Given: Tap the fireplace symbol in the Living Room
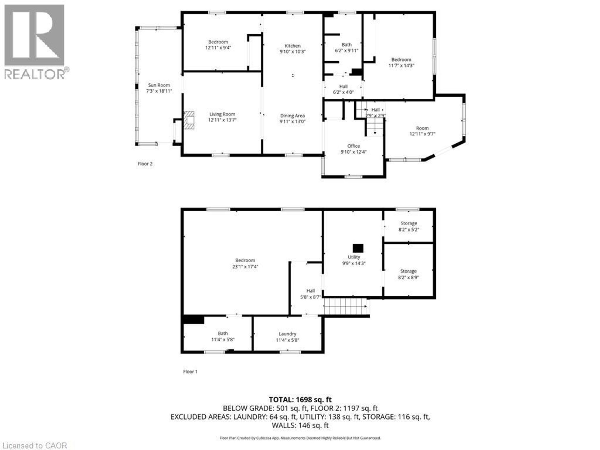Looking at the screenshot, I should tap(189, 120).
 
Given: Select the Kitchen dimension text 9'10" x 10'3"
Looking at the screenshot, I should tap(292, 52).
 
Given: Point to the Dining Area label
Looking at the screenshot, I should tap(292, 116).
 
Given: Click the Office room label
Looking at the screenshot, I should tap(353, 146).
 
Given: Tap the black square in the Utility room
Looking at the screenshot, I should tap(358, 248).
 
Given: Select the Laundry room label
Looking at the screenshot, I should tap(287, 334).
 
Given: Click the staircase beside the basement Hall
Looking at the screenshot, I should tap(345, 306).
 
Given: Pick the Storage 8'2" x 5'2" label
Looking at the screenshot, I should tap(408, 226).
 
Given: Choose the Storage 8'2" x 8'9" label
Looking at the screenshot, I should tap(408, 274).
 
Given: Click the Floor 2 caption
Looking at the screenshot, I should tap(145, 164).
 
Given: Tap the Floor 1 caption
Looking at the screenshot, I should tap(190, 372).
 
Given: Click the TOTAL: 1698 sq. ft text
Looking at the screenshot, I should tap(300, 399).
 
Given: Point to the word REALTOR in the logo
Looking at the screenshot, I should tap(34, 74).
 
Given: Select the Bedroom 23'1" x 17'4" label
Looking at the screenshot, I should tap(245, 263).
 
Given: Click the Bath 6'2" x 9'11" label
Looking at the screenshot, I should tap(346, 47).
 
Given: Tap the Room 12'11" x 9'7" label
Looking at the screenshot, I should tap(422, 131).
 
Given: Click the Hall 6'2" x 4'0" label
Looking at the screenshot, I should tap(343, 89).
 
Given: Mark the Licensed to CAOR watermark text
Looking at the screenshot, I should tap(34, 445).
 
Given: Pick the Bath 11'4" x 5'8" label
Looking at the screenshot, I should tap(222, 336).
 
